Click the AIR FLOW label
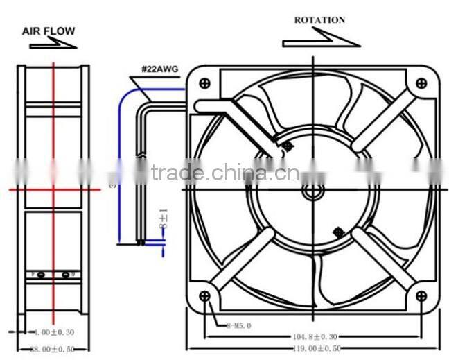pyautogui.click(x=48, y=31)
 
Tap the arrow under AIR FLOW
pyautogui.click(x=53, y=44)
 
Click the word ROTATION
pyautogui.click(x=319, y=20)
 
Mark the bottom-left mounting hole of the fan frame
pyautogui.click(x=204, y=297)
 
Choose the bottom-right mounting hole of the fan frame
pyautogui.click(x=421, y=297)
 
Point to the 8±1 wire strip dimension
pyautogui.click(x=164, y=222)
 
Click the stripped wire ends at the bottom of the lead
pyautogui.click(x=141, y=242)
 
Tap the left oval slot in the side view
pyautogui.click(x=42, y=275)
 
